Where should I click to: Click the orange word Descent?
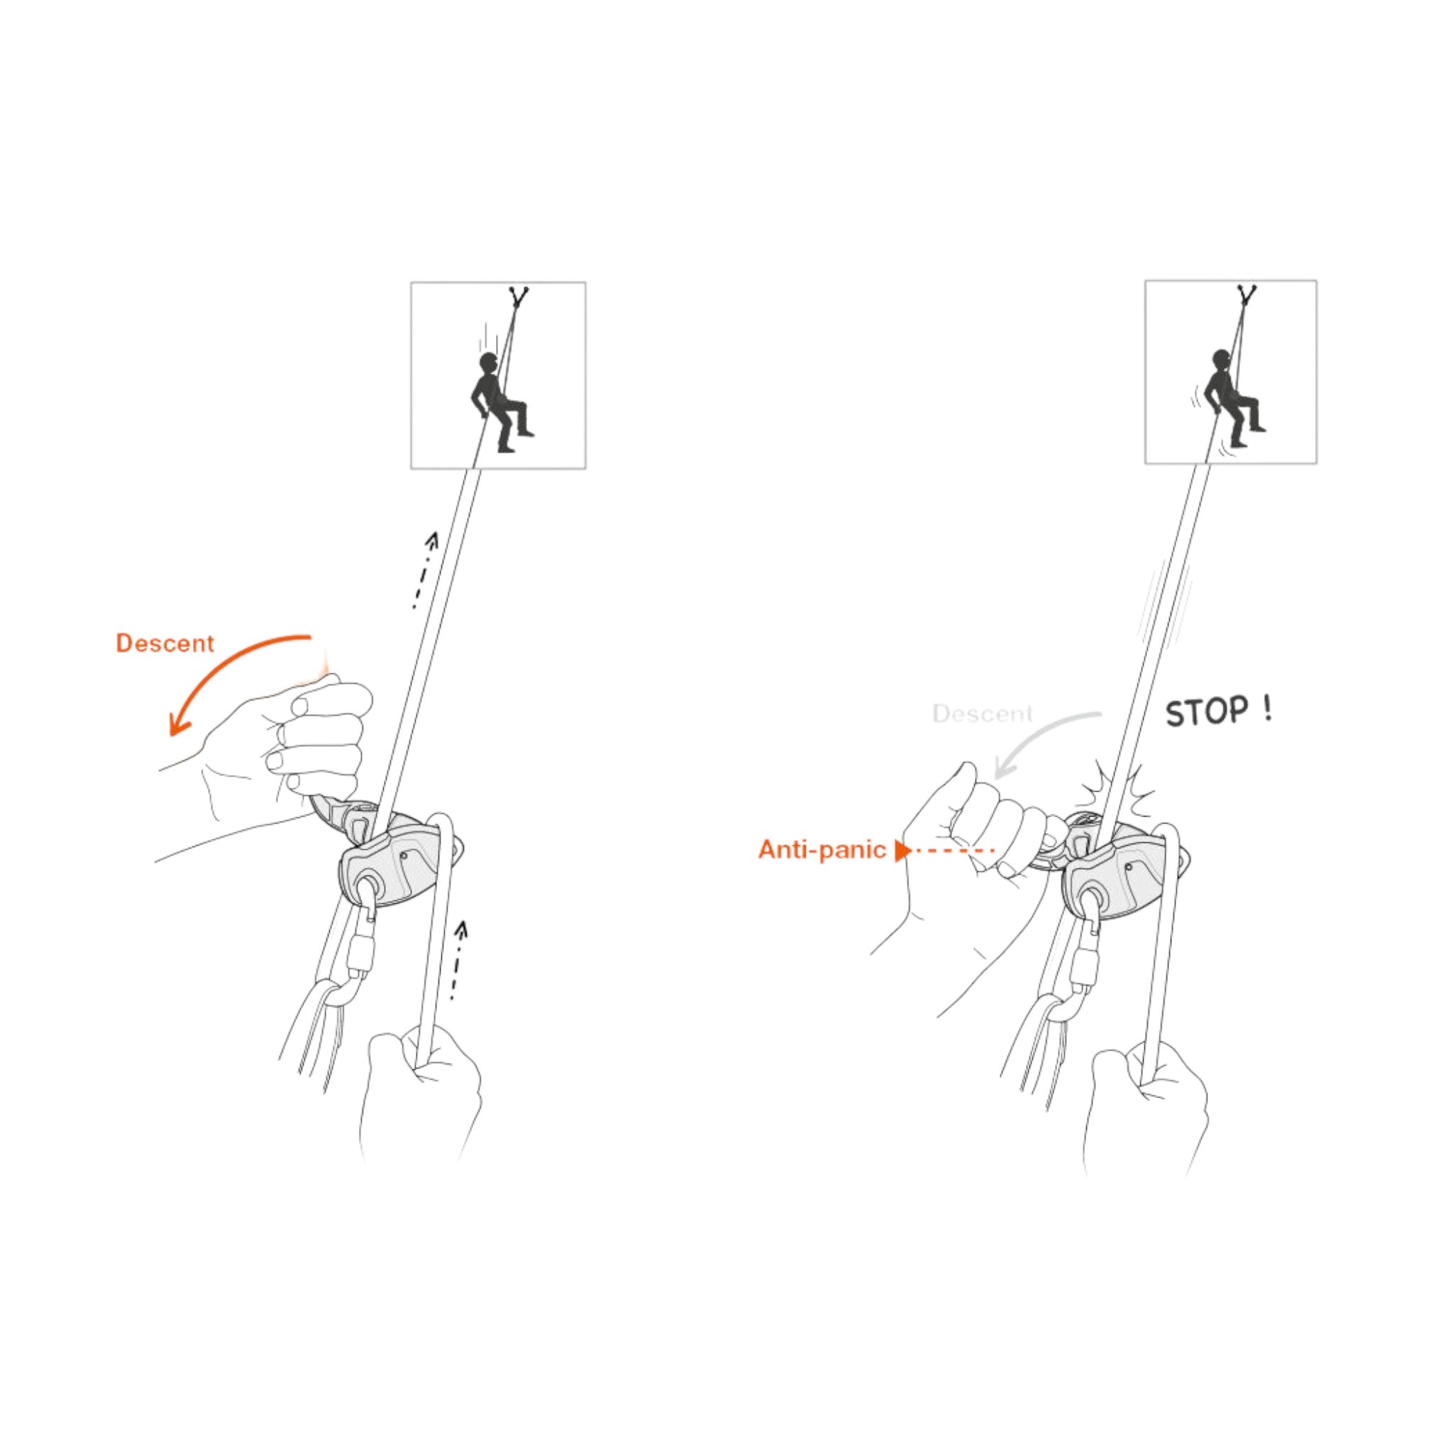(x=165, y=643)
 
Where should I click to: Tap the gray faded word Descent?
(x=982, y=714)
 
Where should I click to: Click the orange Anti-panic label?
(x=822, y=850)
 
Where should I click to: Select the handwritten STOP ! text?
(x=1218, y=712)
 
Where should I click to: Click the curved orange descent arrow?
(x=218, y=662)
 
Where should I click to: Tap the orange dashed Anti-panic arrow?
(x=944, y=851)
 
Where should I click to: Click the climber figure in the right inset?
(x=1233, y=399)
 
